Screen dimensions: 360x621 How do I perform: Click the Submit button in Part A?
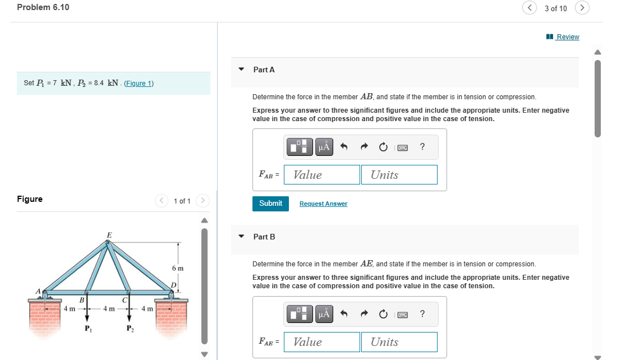click(271, 204)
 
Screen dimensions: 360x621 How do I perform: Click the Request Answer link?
click(323, 204)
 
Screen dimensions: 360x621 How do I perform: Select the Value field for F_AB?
click(322, 174)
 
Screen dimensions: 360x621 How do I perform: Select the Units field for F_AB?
click(399, 174)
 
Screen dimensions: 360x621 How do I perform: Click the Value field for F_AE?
click(322, 342)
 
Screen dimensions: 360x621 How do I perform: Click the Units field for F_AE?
click(399, 342)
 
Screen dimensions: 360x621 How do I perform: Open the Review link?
click(567, 37)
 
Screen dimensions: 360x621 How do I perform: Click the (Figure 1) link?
click(138, 84)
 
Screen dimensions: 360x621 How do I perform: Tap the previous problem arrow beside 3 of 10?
click(530, 8)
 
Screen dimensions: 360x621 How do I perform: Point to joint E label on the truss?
click(109, 235)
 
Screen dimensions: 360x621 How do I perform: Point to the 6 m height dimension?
click(177, 269)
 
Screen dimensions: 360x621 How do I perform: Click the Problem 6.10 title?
click(43, 7)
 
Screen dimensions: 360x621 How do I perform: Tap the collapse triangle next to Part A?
click(241, 70)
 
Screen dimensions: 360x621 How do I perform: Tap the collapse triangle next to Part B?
click(241, 237)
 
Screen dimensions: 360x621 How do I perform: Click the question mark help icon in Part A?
click(422, 147)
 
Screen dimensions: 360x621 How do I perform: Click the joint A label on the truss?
click(39, 292)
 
